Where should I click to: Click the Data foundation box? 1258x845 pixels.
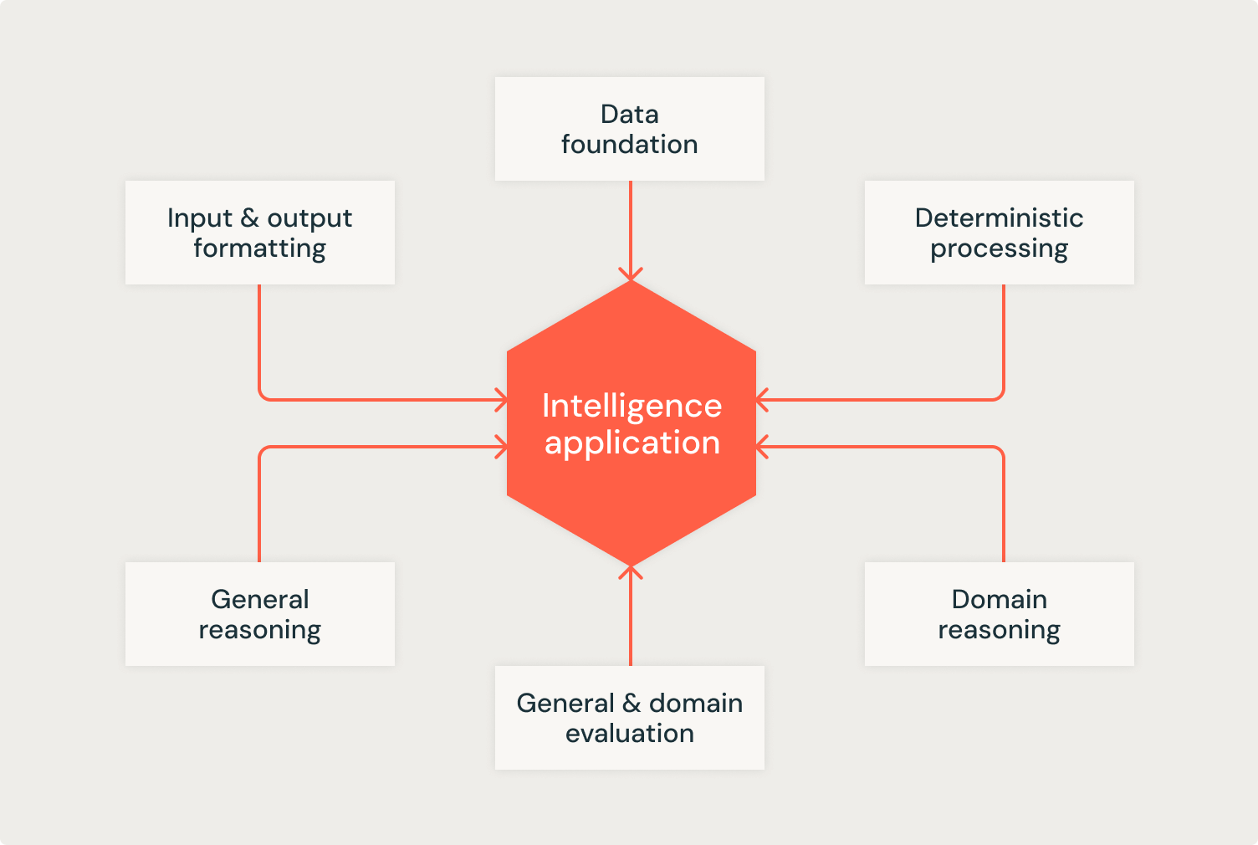coord(629,129)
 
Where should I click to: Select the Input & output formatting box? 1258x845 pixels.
coord(259,233)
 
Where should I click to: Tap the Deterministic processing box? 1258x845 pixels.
coord(999,233)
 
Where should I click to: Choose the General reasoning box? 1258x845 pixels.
coord(259,614)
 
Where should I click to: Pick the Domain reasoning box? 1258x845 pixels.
coord(999,614)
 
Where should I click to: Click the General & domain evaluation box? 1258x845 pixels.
coord(629,718)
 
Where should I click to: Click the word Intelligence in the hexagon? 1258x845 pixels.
coord(632,406)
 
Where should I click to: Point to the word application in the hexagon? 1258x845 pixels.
coord(632,443)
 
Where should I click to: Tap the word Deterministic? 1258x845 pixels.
coord(999,218)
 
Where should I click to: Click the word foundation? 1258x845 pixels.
coord(629,145)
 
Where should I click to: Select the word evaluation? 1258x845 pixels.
coord(629,734)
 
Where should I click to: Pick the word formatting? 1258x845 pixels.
coord(259,248)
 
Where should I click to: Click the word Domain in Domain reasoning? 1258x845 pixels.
coord(999,599)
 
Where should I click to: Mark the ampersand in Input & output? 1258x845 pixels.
coord(249,218)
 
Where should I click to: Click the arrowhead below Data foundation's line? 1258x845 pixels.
coord(631,275)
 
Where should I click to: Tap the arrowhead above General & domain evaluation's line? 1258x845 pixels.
coord(631,572)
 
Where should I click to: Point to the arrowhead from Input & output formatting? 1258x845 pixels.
coord(502,400)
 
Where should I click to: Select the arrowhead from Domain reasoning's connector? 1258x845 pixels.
coord(762,447)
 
